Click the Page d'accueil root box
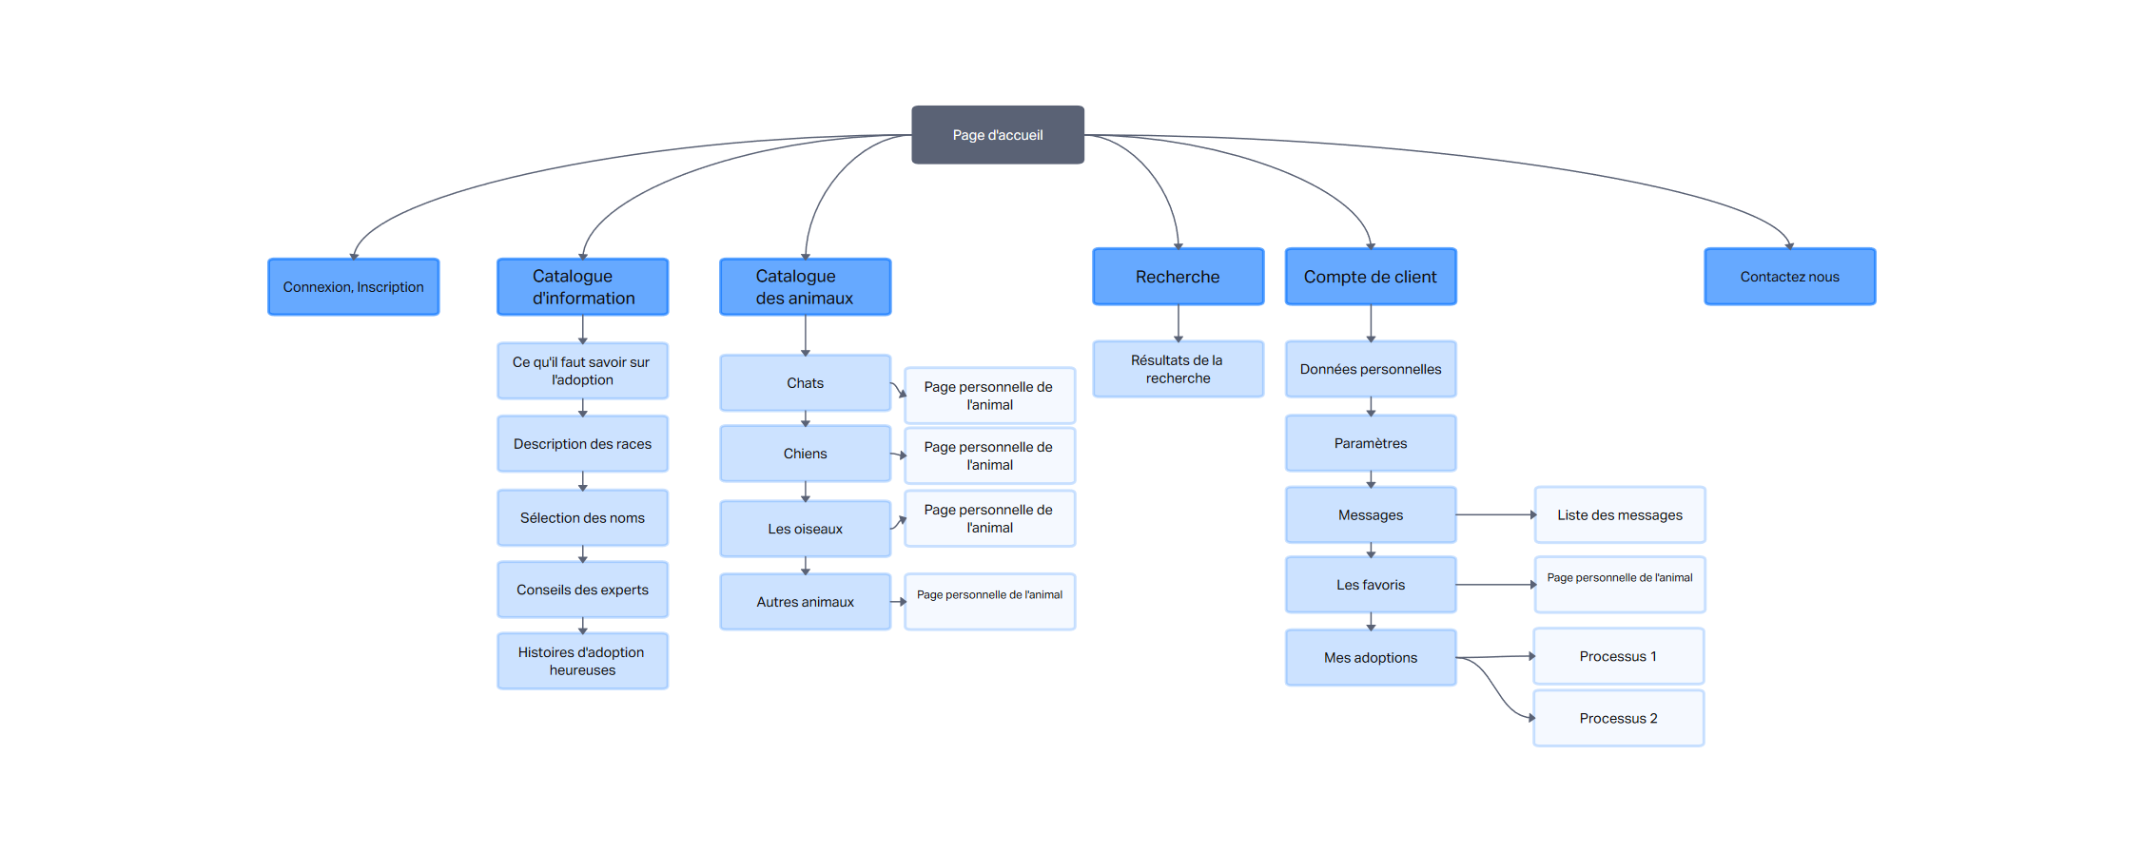click(998, 135)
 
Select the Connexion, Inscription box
click(354, 287)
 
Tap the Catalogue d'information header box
click(583, 287)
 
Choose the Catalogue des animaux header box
click(806, 287)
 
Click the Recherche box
click(1179, 277)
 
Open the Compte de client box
click(1371, 277)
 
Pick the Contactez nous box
click(1790, 277)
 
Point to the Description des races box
click(583, 444)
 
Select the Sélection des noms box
click(583, 518)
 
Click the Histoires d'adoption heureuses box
click(583, 661)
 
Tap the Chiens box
click(806, 454)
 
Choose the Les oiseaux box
click(806, 529)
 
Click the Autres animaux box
click(806, 602)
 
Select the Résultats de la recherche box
click(1179, 369)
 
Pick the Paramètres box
click(1371, 443)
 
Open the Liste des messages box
click(1620, 515)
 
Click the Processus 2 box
click(1619, 719)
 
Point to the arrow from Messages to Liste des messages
click(1496, 515)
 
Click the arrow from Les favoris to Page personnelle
click(1496, 585)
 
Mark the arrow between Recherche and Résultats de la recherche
click(1179, 323)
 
